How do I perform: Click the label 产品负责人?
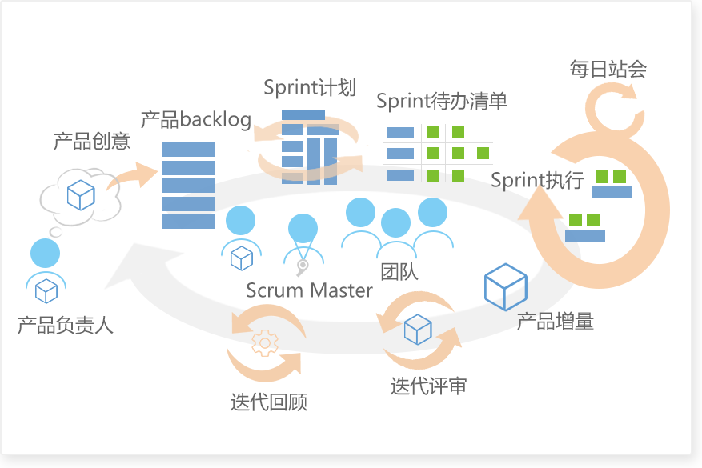(66, 325)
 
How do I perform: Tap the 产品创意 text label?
(92, 141)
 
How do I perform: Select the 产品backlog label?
(196, 119)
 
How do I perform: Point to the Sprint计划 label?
(310, 87)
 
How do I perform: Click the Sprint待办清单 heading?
(442, 101)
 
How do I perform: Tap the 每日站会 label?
(608, 69)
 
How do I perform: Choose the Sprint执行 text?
(537, 180)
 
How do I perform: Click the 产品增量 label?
(556, 322)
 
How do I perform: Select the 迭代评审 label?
(428, 386)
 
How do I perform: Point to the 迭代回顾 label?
(269, 402)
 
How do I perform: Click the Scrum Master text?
(309, 290)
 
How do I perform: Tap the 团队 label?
(399, 271)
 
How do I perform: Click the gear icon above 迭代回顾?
(265, 343)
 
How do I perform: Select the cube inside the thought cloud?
(81, 195)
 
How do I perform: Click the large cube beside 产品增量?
(505, 286)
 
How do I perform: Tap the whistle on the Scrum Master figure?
(303, 267)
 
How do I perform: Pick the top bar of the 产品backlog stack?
(188, 150)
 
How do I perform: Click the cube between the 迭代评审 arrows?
(418, 330)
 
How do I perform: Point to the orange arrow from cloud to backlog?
(133, 175)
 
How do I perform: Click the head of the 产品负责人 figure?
(45, 254)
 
